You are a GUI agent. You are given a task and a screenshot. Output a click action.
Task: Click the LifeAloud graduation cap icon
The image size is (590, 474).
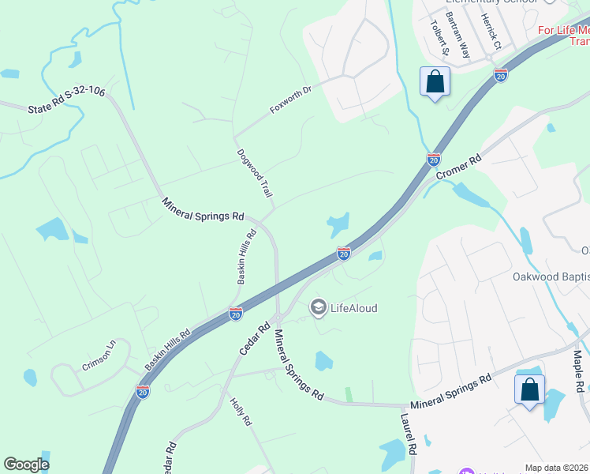tap(319, 307)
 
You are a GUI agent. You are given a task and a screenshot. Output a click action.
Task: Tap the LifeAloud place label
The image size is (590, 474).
tap(353, 308)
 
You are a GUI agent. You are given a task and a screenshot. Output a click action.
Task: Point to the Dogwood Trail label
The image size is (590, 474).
tap(254, 173)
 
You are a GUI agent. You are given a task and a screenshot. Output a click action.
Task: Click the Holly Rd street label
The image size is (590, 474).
tap(240, 412)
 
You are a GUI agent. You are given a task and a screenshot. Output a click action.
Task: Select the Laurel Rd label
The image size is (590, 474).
tap(408, 435)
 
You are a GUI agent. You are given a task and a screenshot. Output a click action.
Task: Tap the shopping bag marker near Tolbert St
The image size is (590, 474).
tap(435, 81)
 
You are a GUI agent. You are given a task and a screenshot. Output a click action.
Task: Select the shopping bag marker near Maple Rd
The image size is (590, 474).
tap(530, 389)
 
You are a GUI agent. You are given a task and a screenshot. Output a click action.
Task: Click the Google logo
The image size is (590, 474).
tap(26, 465)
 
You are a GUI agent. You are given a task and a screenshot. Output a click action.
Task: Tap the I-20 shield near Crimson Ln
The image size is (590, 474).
tap(142, 392)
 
